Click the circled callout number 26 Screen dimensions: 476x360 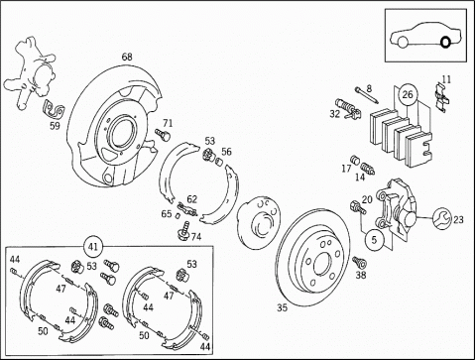coord(408,94)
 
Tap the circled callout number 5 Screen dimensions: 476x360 coord(374,239)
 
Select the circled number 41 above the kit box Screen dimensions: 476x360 coord(93,246)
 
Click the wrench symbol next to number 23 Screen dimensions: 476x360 coord(441,218)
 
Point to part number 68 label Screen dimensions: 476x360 coord(127,57)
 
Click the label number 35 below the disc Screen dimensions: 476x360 coord(282,307)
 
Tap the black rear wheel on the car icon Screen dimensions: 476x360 coord(445,42)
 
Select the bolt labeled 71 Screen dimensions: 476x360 coord(163,134)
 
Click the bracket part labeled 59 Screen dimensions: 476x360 coord(53,111)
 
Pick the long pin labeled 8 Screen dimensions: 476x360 coord(367,95)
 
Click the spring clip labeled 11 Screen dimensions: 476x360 coord(441,97)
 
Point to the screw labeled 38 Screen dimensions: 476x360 coord(359,263)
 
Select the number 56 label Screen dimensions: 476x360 coord(226,152)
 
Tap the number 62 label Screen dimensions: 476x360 coord(191,199)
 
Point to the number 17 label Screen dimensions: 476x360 coord(346,169)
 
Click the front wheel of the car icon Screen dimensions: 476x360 coord(402,43)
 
